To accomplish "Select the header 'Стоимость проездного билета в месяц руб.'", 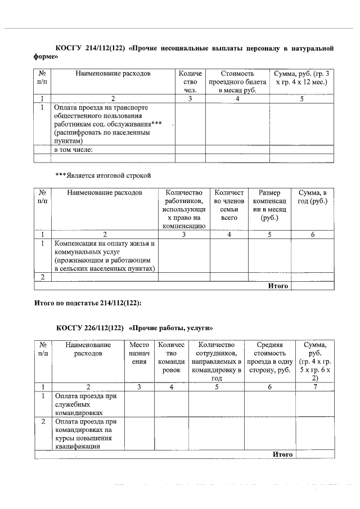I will coord(237,82).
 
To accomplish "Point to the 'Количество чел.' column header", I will coord(190,82).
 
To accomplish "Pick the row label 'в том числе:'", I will coord(73,150).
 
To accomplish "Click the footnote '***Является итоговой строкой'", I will coord(103,175).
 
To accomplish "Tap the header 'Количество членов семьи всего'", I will coord(229,205).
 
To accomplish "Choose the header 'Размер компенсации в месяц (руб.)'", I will coord(269,205).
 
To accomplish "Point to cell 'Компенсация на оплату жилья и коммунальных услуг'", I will coord(105,256).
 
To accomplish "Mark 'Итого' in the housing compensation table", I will coord(278,286).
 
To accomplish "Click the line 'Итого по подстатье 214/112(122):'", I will coord(88,303).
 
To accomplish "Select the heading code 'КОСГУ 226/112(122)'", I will coord(89,328).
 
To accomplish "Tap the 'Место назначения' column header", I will coord(139,353).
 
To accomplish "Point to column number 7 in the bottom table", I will coord(315,386).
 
